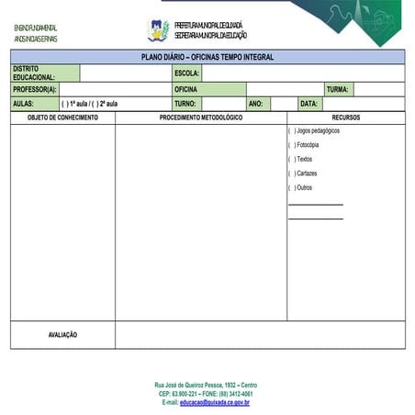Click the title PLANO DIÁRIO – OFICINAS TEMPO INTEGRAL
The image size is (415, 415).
tap(207, 57)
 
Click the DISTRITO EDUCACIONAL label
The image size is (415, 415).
tap(34, 73)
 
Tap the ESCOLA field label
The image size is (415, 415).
tap(186, 73)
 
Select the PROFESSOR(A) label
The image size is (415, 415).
tap(35, 90)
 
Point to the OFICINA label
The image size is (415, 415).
tap(187, 90)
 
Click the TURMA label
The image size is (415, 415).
tap(337, 90)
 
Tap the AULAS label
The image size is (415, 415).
tap(23, 104)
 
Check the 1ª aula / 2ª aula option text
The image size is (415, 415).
tap(89, 104)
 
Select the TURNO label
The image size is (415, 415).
tap(186, 104)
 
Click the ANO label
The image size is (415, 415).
tap(255, 104)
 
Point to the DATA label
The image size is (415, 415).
tap(309, 104)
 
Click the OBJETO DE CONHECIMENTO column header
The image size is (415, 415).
tap(62, 118)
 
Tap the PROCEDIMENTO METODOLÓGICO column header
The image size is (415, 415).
tap(201, 118)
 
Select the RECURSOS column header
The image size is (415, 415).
tap(346, 118)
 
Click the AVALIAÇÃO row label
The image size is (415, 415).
tap(62, 335)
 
